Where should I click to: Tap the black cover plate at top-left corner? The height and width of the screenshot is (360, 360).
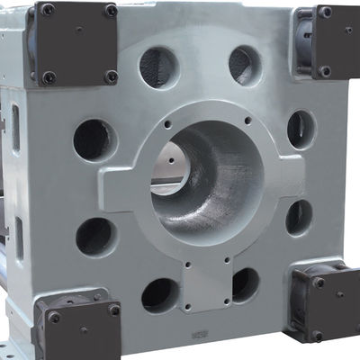[76, 42]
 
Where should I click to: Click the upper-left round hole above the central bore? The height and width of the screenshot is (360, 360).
[159, 67]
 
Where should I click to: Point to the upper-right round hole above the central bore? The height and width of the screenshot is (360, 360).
[244, 65]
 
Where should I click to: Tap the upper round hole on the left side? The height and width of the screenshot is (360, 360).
[94, 139]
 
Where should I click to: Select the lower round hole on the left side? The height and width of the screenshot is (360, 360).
[94, 236]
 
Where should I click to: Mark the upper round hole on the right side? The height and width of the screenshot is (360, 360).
[301, 129]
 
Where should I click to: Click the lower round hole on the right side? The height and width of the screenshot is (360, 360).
[299, 217]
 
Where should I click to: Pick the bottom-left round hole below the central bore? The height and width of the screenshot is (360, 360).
[160, 294]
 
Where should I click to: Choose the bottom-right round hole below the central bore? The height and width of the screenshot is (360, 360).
[245, 284]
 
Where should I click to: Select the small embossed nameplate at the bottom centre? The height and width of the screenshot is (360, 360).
[197, 337]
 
